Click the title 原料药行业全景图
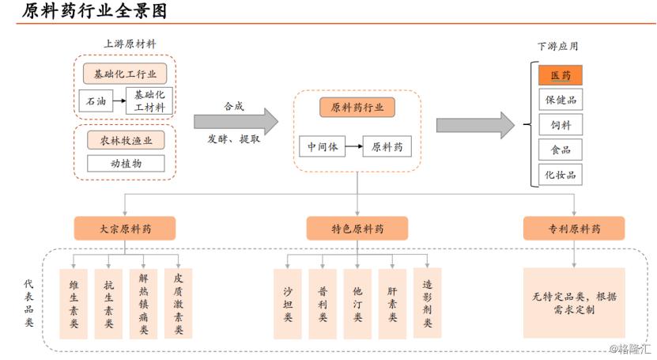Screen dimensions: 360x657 [x=94, y=12]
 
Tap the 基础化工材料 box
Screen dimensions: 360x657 [x=149, y=100]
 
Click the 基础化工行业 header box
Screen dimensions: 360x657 [x=125, y=74]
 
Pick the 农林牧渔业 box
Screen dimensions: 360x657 [x=125, y=140]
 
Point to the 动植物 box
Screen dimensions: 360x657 [x=125, y=164]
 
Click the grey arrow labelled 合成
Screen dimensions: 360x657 [x=236, y=121]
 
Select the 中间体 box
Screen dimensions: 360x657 [x=322, y=146]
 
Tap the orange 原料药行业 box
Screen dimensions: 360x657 [x=357, y=108]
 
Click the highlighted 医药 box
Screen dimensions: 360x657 [x=561, y=75]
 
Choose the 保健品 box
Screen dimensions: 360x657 [x=561, y=100]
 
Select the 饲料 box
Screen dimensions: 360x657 [x=561, y=125]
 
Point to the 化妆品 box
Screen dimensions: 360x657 [x=561, y=174]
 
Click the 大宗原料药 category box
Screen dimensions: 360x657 [x=125, y=229]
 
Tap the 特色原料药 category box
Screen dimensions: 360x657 [x=357, y=229]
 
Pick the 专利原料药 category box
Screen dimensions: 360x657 [x=574, y=229]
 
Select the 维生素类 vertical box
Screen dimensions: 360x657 [x=74, y=304]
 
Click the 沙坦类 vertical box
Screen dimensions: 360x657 [x=288, y=304]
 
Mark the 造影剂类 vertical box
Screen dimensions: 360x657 [x=427, y=304]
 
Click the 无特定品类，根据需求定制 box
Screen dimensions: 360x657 [x=574, y=303]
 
